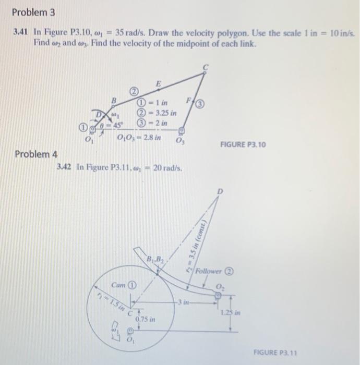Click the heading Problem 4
click(x=37, y=154)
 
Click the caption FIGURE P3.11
click(x=274, y=352)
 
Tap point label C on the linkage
click(x=205, y=67)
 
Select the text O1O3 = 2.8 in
click(x=139, y=138)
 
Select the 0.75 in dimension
click(x=145, y=319)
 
